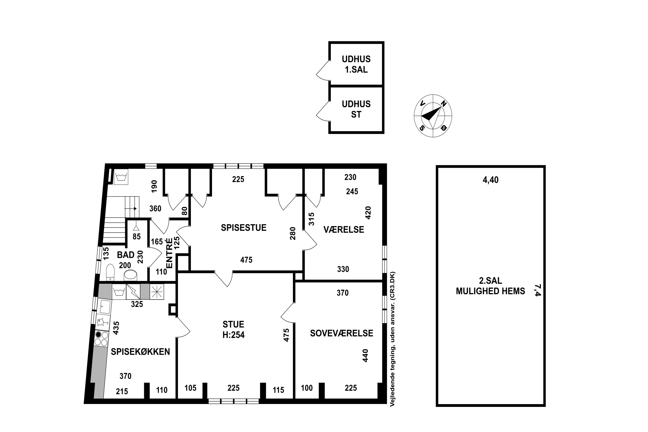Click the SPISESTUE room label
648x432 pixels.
244,228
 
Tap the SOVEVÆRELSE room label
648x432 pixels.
342,333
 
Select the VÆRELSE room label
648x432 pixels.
344,229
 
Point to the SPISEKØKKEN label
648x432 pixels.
140,352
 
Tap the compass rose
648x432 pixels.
433,116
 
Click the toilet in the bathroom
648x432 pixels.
110,272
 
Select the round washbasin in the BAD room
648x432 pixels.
130,275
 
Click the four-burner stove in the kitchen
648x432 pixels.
101,339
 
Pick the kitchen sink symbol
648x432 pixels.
105,307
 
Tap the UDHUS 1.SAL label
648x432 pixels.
356,64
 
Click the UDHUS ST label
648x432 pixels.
356,109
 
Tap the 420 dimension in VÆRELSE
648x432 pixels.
368,213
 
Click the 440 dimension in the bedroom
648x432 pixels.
365,356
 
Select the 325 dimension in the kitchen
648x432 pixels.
137,304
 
